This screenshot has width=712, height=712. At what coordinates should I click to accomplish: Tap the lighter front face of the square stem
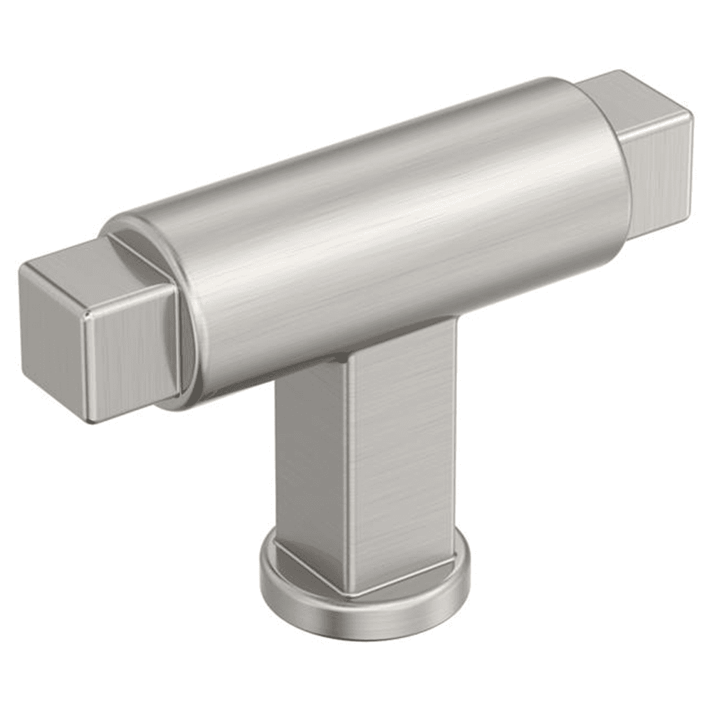[x=402, y=456]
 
